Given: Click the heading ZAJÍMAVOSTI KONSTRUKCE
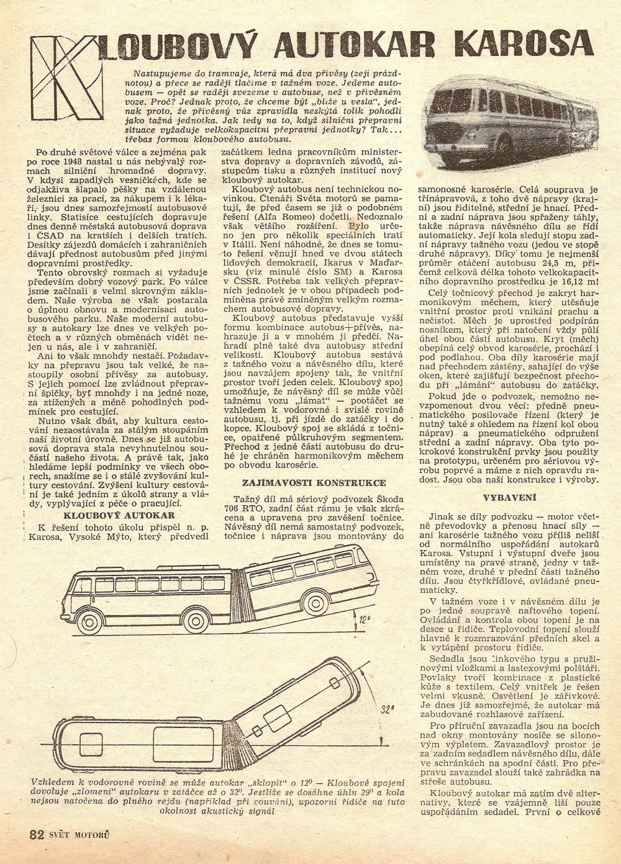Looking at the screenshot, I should [316, 482].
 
